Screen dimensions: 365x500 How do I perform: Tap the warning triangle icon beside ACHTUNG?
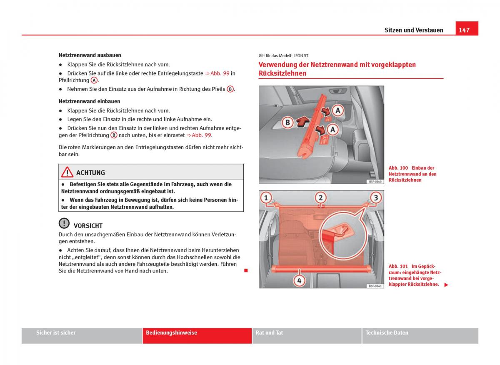(67, 172)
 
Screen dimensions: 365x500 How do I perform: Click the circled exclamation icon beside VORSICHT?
(64, 224)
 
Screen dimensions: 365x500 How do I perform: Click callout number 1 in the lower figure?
(267, 197)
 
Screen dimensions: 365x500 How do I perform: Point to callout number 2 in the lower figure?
(320, 197)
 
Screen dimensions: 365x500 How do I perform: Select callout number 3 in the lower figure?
(375, 197)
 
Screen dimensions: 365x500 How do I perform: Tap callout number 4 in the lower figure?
(299, 280)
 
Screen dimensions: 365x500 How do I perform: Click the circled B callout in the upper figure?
(287, 122)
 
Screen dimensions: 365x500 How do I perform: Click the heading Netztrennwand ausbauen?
(90, 55)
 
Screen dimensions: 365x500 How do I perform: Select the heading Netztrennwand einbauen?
(89, 101)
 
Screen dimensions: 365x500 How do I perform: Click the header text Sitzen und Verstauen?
(413, 30)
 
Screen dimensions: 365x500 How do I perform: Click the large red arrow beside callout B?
(302, 121)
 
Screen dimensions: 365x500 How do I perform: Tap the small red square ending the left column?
(246, 271)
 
